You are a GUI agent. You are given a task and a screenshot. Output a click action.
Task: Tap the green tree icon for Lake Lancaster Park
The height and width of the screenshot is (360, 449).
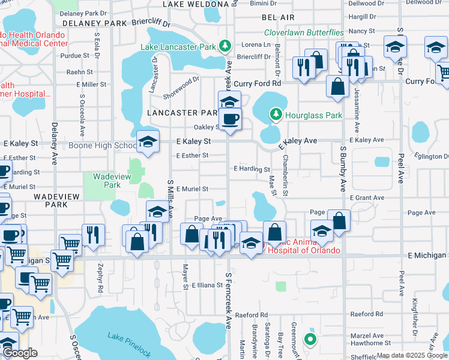(224, 46)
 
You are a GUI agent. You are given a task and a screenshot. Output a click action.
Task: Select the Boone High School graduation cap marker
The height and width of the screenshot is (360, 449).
(148, 142)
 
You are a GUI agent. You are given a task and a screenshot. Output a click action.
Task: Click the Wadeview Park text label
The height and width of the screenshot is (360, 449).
(107, 181)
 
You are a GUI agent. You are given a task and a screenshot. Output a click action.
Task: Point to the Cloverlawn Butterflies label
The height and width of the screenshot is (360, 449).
(304, 32)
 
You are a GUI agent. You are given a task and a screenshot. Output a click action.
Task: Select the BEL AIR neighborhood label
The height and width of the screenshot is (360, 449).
(278, 19)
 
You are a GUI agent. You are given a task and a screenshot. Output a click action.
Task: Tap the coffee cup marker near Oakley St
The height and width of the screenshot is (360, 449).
(229, 118)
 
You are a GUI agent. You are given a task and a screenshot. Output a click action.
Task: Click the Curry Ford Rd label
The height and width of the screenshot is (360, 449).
(258, 83)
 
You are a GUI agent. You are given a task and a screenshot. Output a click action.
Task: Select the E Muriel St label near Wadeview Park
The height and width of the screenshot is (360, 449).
(191, 188)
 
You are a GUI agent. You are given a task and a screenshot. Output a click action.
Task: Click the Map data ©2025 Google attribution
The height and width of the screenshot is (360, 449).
(412, 355)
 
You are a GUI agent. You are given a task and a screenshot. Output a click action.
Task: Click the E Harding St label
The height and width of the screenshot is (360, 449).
(252, 169)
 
